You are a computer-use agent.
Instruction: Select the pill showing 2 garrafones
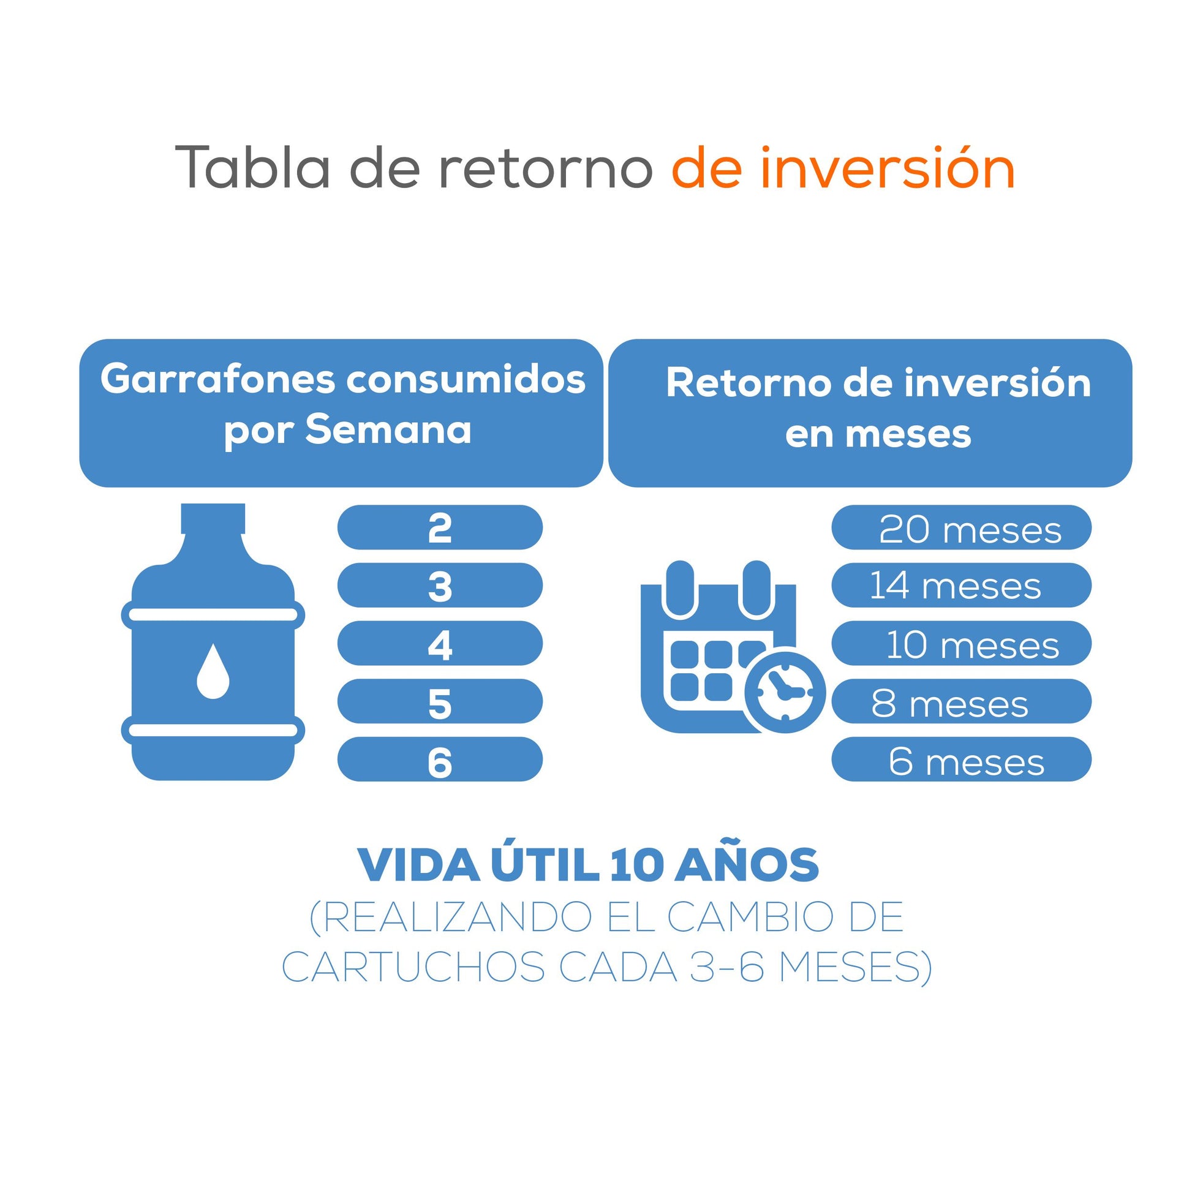(440, 527)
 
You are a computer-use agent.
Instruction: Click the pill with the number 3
(440, 585)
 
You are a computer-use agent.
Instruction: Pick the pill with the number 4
(440, 644)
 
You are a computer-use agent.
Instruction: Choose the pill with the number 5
(440, 701)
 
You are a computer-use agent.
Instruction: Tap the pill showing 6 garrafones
(440, 760)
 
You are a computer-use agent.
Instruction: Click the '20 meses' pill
(961, 527)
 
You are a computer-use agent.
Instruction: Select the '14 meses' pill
(961, 585)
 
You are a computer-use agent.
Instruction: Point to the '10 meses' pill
(961, 644)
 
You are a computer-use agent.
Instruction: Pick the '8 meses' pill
(961, 701)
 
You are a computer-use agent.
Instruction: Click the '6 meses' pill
(961, 760)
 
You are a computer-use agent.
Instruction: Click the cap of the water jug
(213, 518)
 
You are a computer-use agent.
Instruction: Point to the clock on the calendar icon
(785, 692)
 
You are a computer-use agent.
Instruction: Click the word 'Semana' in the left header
(389, 429)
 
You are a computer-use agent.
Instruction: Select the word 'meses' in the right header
(908, 434)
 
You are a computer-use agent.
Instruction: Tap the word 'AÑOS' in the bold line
(747, 865)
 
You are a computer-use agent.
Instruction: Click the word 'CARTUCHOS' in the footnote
(413, 966)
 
